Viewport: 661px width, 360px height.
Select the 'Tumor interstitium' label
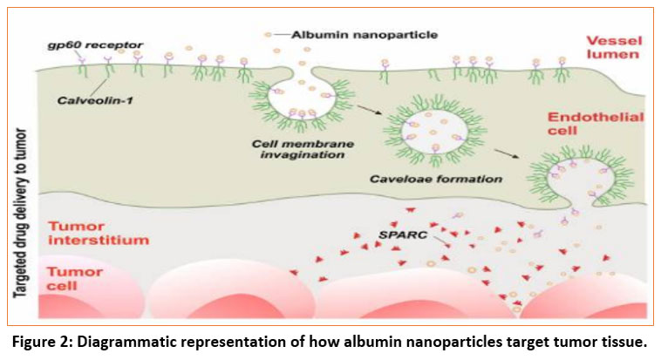point(83,232)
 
